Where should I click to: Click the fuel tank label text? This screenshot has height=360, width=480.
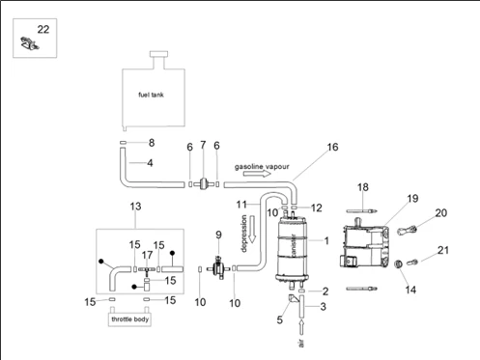(x=151, y=95)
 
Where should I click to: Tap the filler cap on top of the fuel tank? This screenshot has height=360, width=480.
(x=158, y=54)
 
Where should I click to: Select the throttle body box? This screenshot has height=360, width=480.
(x=129, y=319)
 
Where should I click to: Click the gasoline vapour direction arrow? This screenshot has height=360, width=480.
(x=257, y=174)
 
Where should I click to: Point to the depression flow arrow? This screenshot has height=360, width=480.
(x=252, y=230)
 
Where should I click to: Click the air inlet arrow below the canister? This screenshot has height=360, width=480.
(x=301, y=327)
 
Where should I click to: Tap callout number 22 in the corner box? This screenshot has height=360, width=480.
(x=43, y=30)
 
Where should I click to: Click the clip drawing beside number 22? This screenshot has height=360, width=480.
(x=29, y=43)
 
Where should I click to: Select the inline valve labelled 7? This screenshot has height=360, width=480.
(x=203, y=184)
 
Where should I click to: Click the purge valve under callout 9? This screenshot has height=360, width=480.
(x=218, y=267)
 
